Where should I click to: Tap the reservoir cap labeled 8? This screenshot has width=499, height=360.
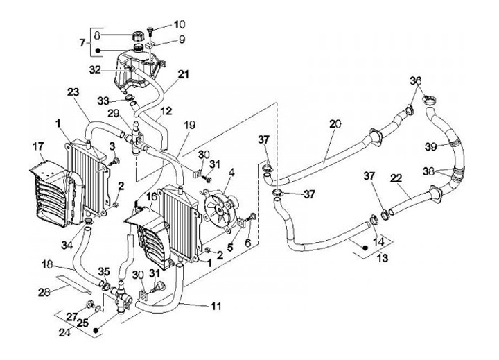pos(139,35)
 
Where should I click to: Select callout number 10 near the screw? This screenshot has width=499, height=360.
pos(180,24)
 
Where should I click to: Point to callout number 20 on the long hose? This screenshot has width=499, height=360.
pos(335,123)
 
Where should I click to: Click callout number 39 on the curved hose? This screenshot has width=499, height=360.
pos(431,146)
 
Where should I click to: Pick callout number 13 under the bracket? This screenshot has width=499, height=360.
pos(382,257)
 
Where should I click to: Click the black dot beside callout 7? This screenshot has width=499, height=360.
pos(98,51)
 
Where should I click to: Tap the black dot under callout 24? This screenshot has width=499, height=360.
pos(97,330)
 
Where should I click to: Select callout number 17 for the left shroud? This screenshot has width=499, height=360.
pos(38,147)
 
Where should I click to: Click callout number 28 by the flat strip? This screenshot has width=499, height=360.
pos(44,292)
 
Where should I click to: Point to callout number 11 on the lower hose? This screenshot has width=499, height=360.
pos(216,306)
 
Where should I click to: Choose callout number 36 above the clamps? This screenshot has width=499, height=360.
pos(416,80)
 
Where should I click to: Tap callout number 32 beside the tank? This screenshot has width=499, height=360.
pos(95,69)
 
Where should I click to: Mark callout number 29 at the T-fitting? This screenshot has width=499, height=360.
pos(113,113)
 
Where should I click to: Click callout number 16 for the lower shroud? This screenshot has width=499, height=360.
pos(152,196)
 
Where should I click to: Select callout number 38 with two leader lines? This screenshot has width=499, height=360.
pos(429,171)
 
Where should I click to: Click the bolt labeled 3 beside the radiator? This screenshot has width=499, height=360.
pos(114,162)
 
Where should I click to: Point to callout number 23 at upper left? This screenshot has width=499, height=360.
pos(73,92)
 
